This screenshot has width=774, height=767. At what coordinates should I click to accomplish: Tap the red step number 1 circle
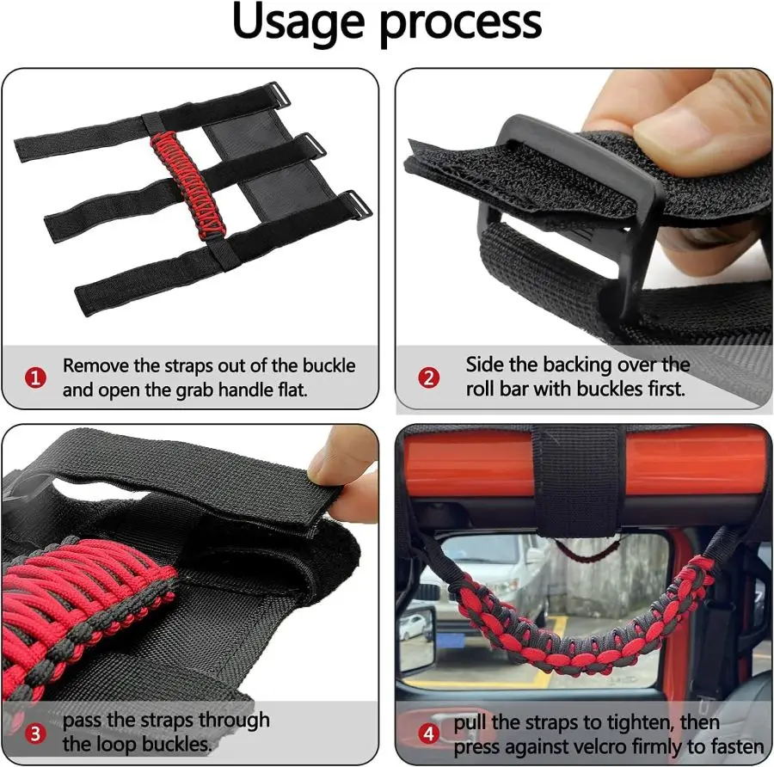pos(35,377)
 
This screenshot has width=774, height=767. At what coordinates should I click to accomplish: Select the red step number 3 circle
pos(35,733)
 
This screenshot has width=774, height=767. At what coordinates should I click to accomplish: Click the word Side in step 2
pos(485,365)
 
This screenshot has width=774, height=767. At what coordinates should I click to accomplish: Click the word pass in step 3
pos(84,721)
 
